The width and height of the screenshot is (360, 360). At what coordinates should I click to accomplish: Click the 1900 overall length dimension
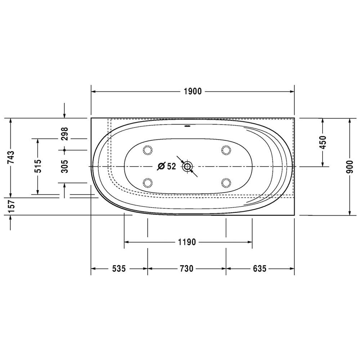pyautogui.click(x=193, y=91)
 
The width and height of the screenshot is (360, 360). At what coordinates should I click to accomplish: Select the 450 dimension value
pyautogui.click(x=323, y=142)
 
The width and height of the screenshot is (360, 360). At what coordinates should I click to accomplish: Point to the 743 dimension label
pyautogui.click(x=10, y=157)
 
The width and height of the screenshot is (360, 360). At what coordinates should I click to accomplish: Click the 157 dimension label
pyautogui.click(x=12, y=206)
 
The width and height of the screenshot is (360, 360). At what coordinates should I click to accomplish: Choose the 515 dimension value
pyautogui.click(x=38, y=166)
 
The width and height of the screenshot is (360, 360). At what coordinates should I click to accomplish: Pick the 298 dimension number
pyautogui.click(x=64, y=134)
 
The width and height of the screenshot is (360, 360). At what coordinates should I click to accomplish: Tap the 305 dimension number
pyautogui.click(x=64, y=166)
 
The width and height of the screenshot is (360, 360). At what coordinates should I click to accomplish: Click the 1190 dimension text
pyautogui.click(x=187, y=242)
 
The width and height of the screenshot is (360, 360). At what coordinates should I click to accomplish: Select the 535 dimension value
pyautogui.click(x=119, y=268)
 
